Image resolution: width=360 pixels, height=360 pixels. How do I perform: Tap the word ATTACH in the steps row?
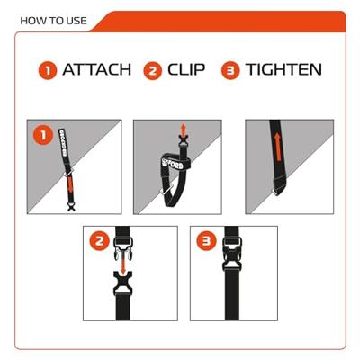[x=96, y=69]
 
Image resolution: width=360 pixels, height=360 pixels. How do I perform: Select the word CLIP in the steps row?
[x=192, y=69]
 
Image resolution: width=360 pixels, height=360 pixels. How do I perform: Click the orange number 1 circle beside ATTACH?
[x=47, y=69]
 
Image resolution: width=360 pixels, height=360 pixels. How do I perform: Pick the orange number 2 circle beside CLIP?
[x=153, y=69]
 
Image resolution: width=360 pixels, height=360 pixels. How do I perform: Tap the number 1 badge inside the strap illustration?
[x=41, y=136]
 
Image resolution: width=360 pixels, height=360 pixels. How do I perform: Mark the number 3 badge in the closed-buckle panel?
[x=204, y=241]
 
